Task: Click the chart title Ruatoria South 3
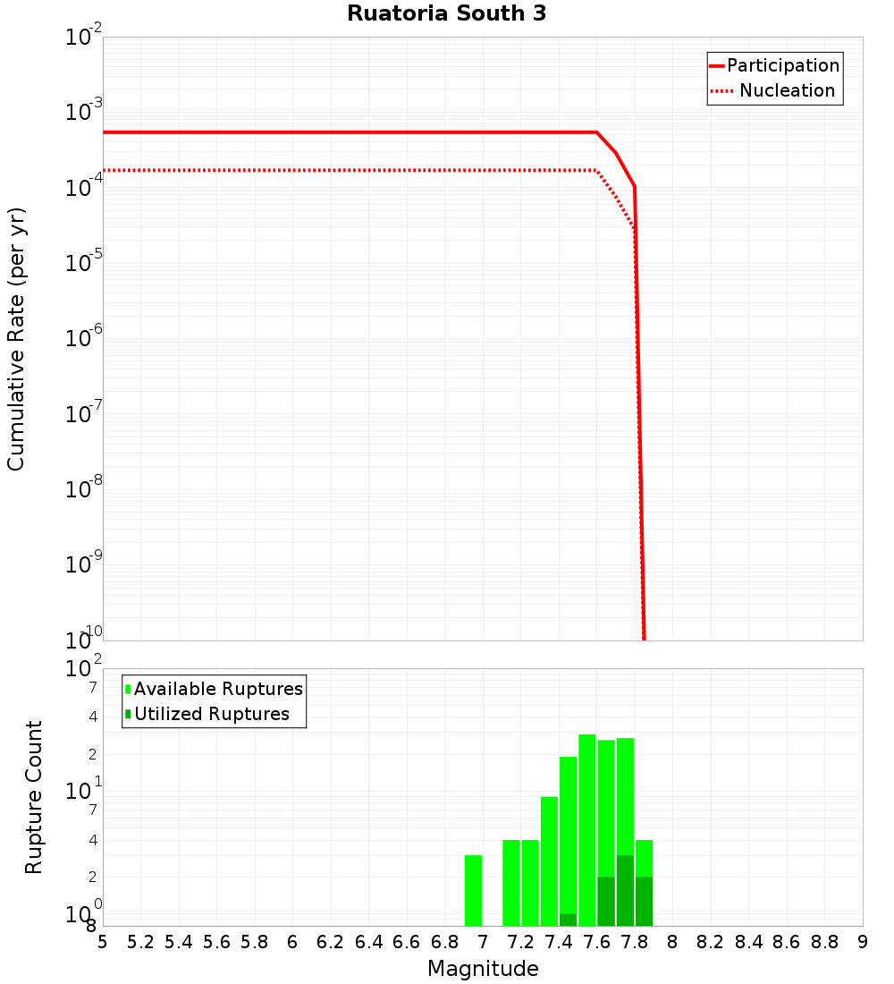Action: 446,14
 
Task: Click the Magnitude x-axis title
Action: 483,969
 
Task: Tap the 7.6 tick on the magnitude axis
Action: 597,942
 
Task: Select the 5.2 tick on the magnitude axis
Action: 141,942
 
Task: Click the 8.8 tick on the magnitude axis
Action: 824,942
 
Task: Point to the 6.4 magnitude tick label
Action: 369,942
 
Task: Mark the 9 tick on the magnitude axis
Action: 863,942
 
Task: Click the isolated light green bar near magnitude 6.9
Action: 473,890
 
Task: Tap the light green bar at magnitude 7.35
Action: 549,859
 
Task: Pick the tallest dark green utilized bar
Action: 625,890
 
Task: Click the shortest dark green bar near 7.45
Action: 568,920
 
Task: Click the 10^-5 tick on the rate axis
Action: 85,263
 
